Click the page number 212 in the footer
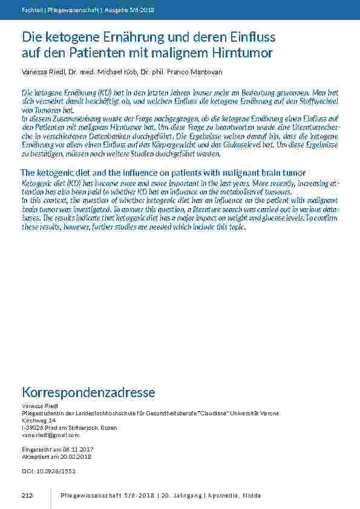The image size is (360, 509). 27,496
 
